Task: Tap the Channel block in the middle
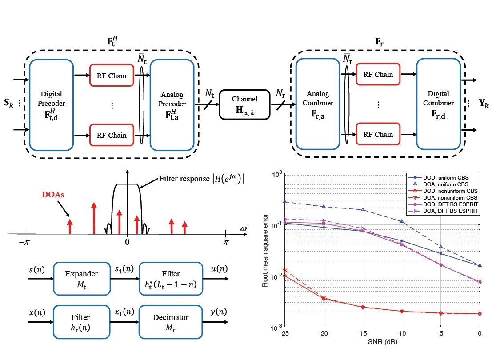pos(245,105)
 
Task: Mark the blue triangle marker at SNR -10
pos(401,221)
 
